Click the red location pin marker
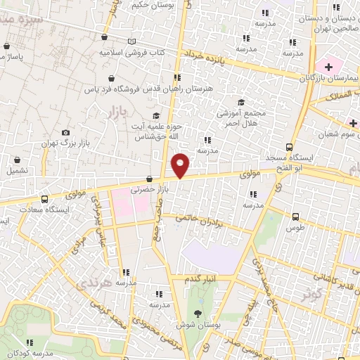(x=181, y=165)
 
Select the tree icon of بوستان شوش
(x=197, y=314)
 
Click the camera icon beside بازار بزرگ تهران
(x=65, y=132)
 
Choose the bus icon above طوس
(x=295, y=217)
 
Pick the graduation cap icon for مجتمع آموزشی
(x=241, y=102)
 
